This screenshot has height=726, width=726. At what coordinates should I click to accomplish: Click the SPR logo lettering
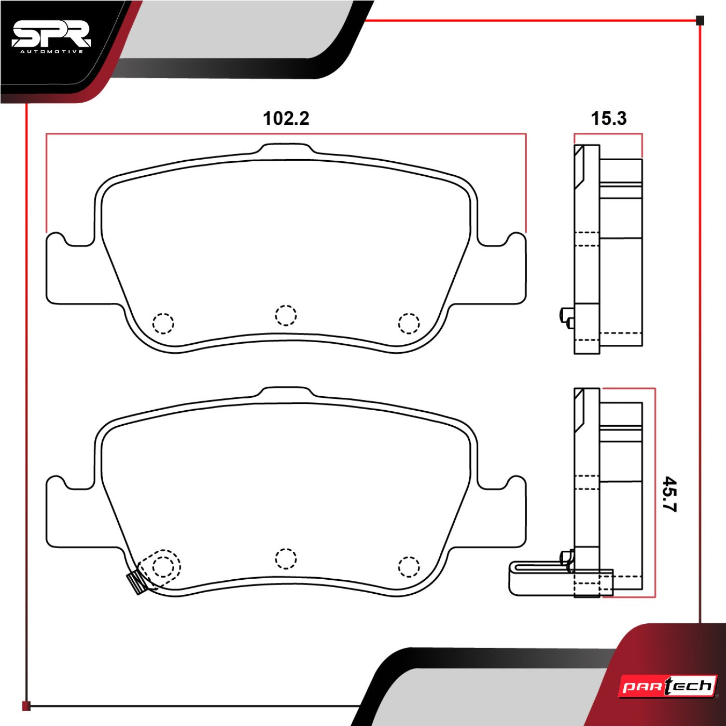click(51, 35)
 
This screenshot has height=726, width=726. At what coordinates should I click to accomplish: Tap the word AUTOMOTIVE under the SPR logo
click(52, 52)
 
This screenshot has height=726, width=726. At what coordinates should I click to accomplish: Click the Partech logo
click(668, 687)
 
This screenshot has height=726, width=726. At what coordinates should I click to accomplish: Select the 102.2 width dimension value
click(286, 119)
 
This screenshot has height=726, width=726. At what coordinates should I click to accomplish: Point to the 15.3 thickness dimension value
click(609, 118)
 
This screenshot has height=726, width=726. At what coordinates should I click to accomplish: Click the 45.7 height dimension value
click(670, 494)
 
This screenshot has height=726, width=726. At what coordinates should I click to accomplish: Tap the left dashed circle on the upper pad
click(163, 323)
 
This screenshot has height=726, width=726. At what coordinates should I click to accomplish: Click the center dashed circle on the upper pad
click(286, 315)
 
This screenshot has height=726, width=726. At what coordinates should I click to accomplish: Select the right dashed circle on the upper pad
click(409, 323)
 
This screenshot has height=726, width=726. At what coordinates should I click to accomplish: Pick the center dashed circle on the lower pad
click(286, 559)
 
